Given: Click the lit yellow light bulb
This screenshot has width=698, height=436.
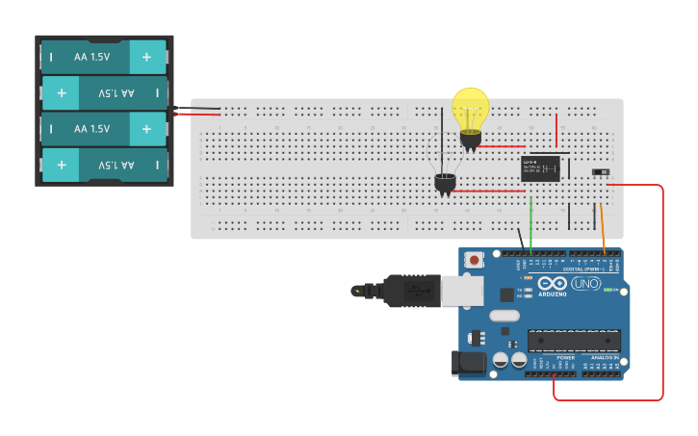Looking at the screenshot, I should [470, 109].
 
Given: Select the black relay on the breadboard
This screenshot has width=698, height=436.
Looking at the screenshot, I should [540, 167].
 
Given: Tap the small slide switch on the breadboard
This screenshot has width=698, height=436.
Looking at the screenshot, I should [601, 172].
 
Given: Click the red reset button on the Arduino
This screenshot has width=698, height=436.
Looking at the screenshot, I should [474, 260].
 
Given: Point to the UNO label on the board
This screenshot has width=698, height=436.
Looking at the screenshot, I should [585, 284].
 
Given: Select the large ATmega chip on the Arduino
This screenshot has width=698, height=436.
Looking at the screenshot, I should [574, 340].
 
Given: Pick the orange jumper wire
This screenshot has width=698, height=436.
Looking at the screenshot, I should [603, 227].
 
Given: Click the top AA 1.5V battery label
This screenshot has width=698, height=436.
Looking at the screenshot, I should [91, 57].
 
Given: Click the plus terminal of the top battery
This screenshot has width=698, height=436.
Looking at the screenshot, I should [147, 57].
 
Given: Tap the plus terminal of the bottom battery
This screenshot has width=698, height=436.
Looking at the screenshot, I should [61, 165].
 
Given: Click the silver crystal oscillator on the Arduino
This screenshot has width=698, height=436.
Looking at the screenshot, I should [504, 316].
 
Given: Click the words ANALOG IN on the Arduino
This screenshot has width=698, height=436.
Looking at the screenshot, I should [603, 358].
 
